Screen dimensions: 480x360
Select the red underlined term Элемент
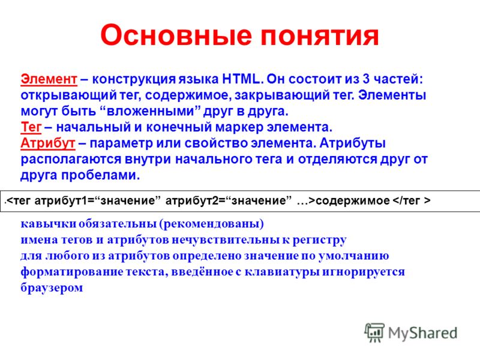[49, 79]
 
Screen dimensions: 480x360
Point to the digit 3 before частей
[366, 79]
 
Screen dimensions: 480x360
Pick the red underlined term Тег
[31, 127]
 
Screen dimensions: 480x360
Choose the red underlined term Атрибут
[48, 143]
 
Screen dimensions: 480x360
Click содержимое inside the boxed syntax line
[353, 200]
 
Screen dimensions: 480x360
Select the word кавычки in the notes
[49, 224]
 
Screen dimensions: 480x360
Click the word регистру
[320, 240]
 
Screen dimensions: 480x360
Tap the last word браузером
[52, 287]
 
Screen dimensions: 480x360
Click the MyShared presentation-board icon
[374, 332]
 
